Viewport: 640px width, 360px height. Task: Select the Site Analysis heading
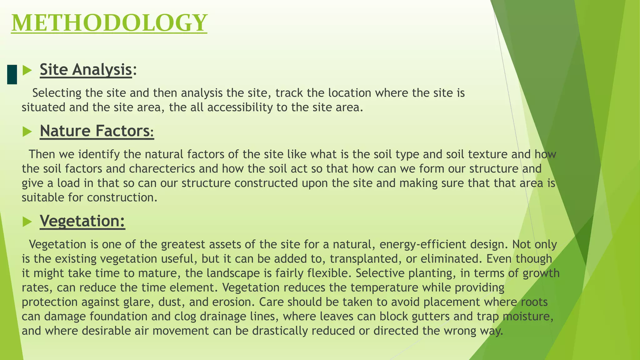coord(86,69)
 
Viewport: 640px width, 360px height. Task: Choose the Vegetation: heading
coord(82,221)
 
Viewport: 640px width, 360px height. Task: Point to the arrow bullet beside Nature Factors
coord(27,132)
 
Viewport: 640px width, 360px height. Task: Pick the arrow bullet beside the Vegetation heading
coord(27,222)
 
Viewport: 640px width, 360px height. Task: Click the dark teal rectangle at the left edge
coord(12,74)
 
